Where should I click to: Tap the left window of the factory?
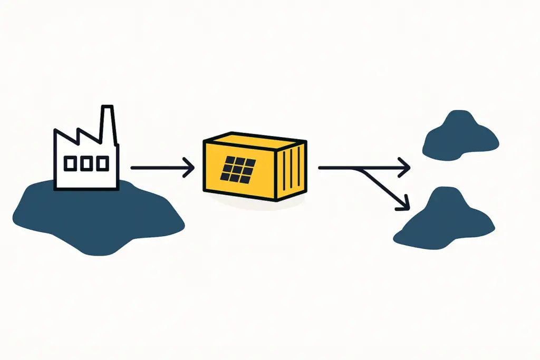click(70, 164)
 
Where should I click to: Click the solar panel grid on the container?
click(239, 168)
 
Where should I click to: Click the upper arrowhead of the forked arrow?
click(406, 168)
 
